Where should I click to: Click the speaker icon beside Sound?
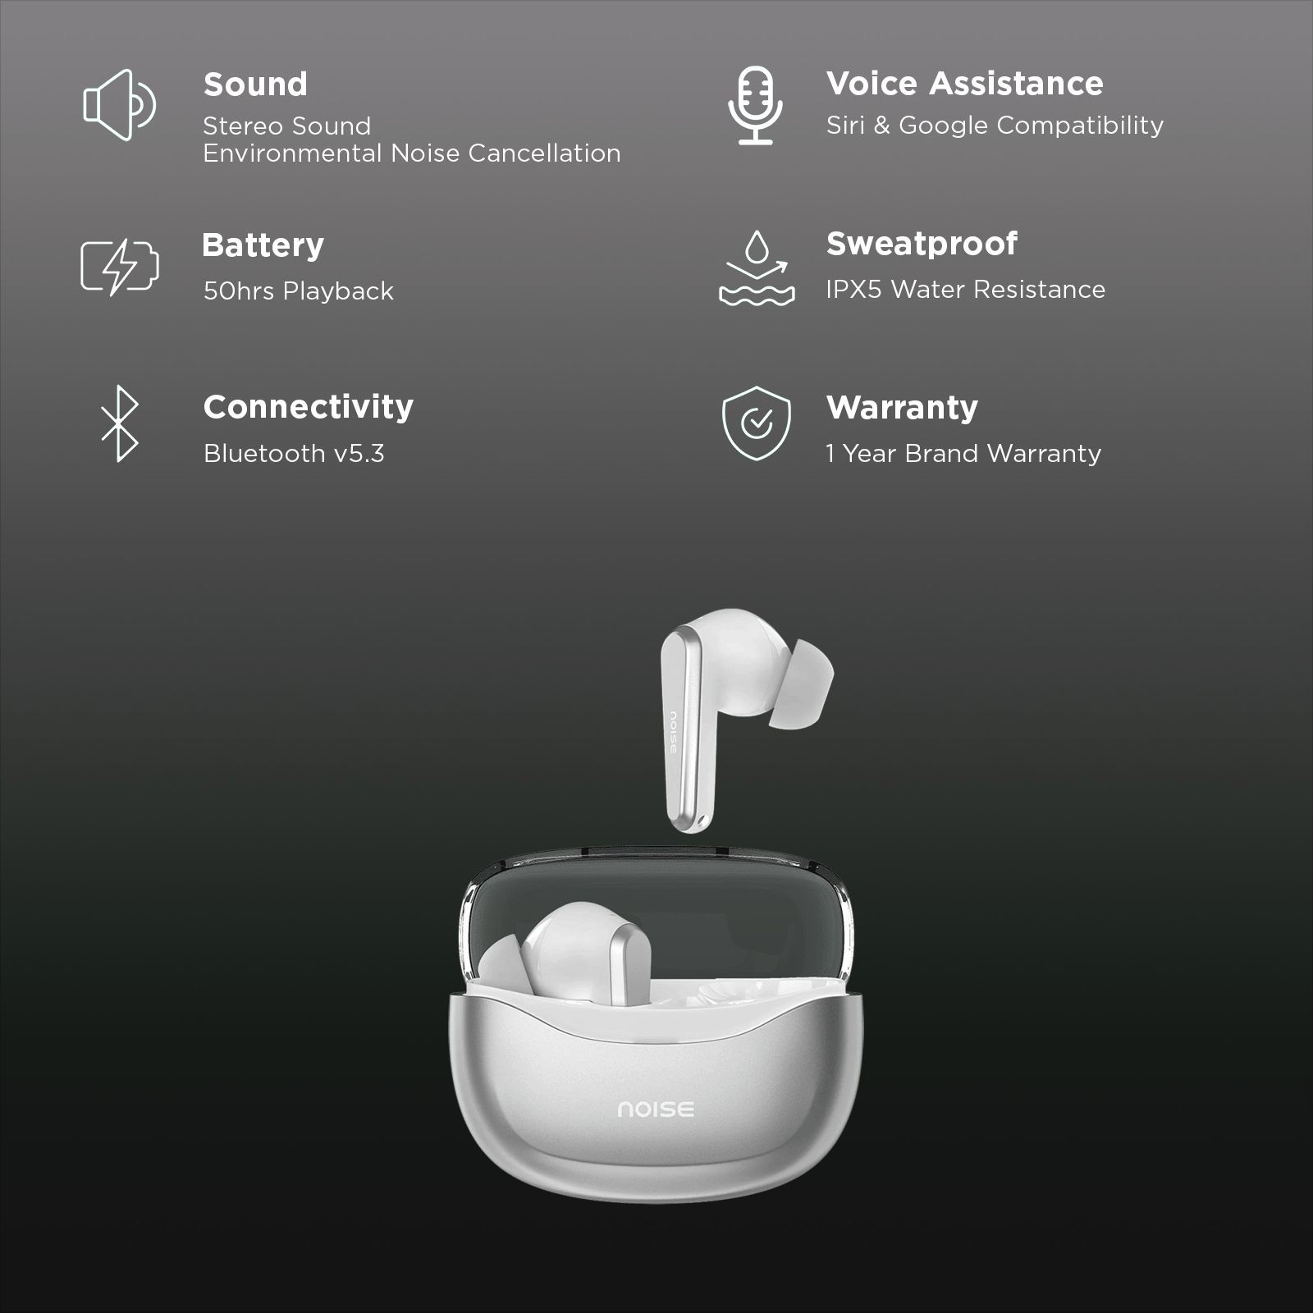click(119, 105)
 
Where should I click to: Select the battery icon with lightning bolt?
click(120, 266)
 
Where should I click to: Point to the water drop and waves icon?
click(757, 268)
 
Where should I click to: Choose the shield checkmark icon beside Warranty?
click(757, 423)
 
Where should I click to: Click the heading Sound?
click(255, 85)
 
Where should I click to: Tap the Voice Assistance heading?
click(964, 84)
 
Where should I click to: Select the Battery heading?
click(263, 245)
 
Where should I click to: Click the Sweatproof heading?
click(922, 244)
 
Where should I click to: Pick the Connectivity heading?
click(308, 407)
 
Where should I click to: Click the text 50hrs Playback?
click(298, 291)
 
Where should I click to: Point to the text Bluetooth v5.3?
click(294, 454)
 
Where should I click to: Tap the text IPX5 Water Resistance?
click(965, 290)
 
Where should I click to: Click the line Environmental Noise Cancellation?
click(411, 153)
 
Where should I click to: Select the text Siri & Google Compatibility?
click(995, 126)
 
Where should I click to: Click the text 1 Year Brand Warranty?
click(963, 454)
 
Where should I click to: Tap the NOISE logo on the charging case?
click(656, 1109)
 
